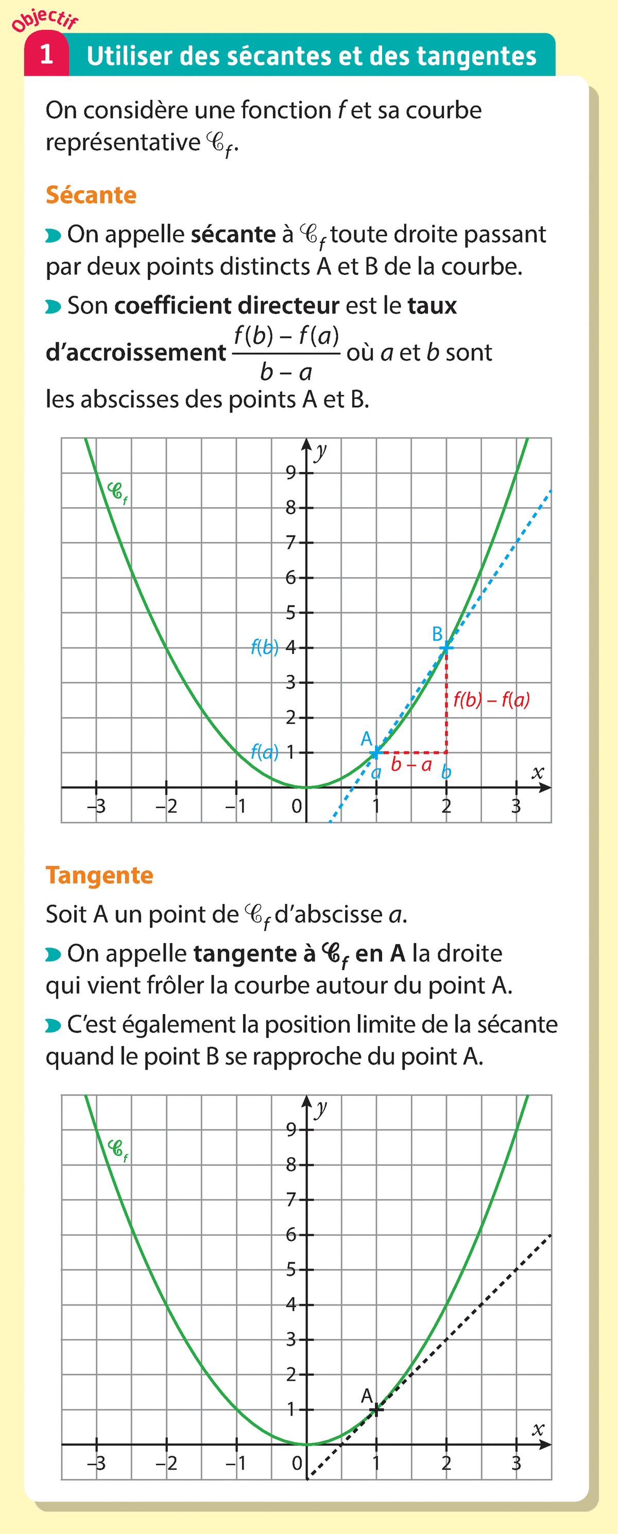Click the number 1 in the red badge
46,55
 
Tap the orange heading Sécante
91,195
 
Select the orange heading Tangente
99,875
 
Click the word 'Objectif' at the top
45,19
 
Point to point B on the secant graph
447,647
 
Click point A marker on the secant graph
376,753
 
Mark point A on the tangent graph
376,1409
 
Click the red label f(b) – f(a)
491,699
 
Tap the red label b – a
411,764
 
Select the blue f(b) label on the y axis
265,647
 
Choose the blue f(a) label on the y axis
265,752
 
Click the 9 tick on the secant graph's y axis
291,473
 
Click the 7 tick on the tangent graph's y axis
291,1199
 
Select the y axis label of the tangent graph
321,1108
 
